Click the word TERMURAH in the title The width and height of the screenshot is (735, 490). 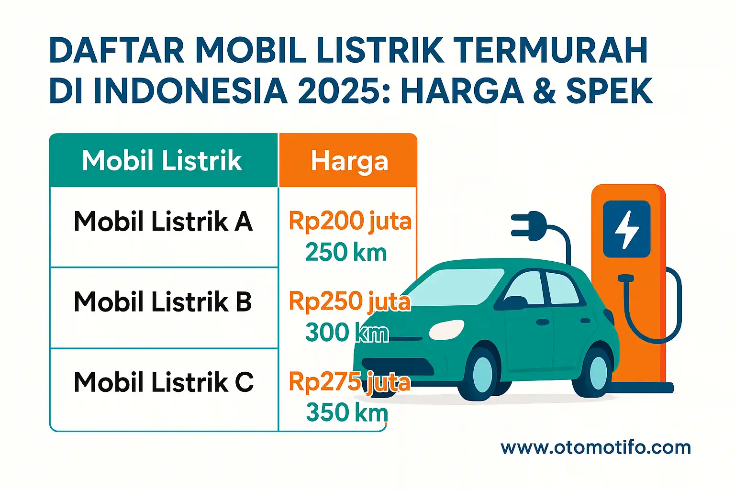tap(550, 50)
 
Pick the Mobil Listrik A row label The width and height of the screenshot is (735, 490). tap(163, 222)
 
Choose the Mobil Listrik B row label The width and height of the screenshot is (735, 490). tap(163, 302)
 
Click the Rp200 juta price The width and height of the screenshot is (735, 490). tap(350, 222)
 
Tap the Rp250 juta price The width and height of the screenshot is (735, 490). tap(350, 302)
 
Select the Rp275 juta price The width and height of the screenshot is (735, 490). tap(350, 382)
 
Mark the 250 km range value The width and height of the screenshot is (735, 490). tap(345, 252)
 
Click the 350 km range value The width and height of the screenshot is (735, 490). tap(346, 412)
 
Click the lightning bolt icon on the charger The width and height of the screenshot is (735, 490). tap(626, 229)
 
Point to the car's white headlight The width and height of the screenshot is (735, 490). tap(446, 330)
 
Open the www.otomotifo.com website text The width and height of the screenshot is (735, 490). tap(596, 448)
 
